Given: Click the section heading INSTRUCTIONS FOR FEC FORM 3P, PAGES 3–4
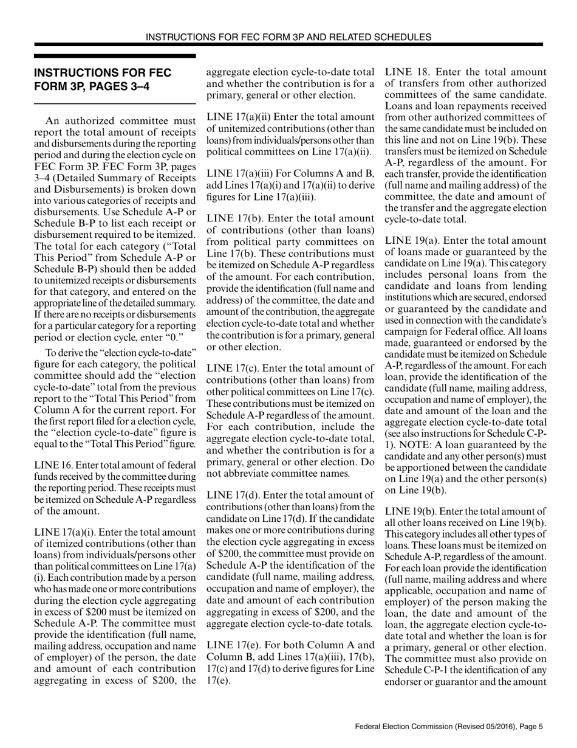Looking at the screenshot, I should coord(103,79).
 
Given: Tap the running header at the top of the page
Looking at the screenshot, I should coord(288,37).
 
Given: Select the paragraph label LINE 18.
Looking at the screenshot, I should coord(407,72).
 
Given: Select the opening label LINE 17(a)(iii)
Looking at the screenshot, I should coord(242,164).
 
